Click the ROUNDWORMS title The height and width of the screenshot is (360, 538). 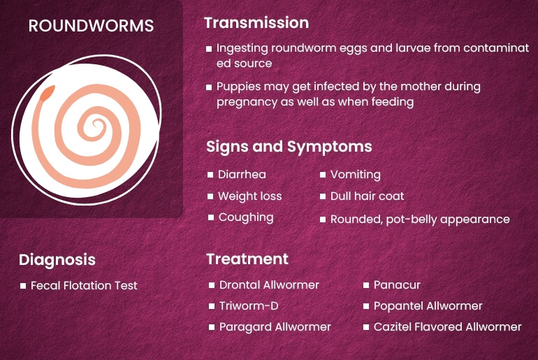[x=92, y=26]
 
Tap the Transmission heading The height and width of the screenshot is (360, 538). [x=256, y=22]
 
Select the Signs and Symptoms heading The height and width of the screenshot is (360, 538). [x=289, y=147]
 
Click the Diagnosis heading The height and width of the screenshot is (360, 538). [x=57, y=259]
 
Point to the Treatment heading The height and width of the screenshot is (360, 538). [x=247, y=259]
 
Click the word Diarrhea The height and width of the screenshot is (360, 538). [x=242, y=175]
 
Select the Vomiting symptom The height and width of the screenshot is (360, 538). [x=355, y=175]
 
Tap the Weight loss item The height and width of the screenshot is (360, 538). [x=249, y=196]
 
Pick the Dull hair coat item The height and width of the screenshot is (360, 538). [x=367, y=196]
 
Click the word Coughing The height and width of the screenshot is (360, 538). [x=246, y=217]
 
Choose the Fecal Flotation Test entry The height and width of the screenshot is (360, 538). [x=84, y=285]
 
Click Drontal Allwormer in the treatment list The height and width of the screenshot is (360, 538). [x=269, y=285]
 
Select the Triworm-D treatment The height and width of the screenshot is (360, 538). [x=249, y=306]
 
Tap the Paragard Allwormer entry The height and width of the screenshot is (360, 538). [x=275, y=327]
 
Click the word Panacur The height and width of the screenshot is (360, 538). [x=397, y=285]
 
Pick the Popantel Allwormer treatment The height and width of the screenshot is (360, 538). [x=428, y=306]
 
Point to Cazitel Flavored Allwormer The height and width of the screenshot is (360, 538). [x=447, y=327]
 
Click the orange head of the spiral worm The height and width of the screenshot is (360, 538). [x=48, y=93]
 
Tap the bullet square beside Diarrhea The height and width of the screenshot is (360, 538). [x=210, y=175]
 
